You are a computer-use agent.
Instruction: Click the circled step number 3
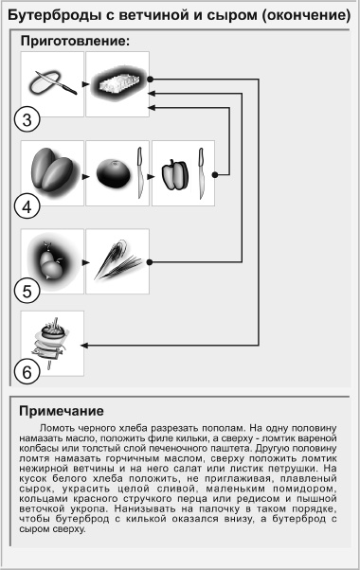[x=27, y=119]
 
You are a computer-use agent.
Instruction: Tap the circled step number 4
[x=27, y=206]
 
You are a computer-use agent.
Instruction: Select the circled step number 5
[x=27, y=291]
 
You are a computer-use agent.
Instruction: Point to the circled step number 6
[x=27, y=372]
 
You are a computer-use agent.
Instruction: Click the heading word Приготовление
[x=75, y=41]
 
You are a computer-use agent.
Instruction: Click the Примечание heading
[x=62, y=411]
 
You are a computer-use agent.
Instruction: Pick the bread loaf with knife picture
[x=52, y=83]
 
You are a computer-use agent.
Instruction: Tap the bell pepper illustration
[x=175, y=175]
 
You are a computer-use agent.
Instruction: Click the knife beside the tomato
[x=139, y=173]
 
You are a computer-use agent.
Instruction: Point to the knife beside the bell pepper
[x=201, y=173]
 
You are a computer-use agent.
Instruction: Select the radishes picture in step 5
[x=51, y=261]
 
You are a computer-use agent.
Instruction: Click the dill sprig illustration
[x=117, y=259]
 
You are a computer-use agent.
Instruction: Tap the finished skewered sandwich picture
[x=51, y=343]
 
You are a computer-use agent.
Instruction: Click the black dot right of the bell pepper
[x=215, y=175]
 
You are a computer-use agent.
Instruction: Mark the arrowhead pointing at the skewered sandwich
[x=84, y=345]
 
